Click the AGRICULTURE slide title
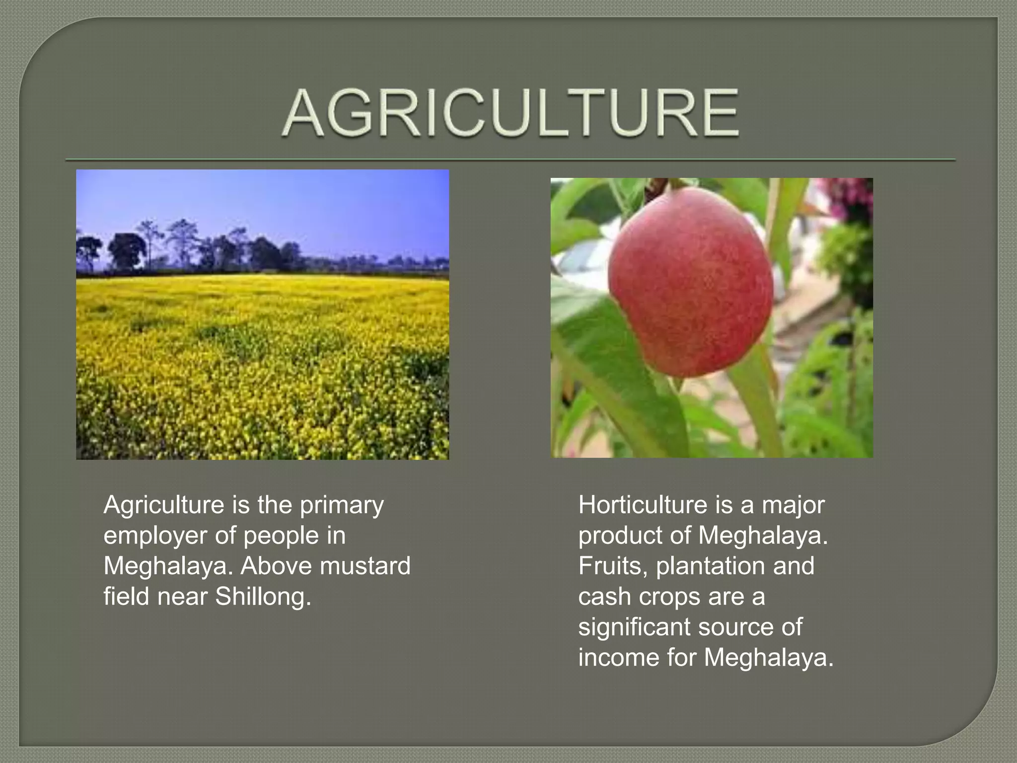(x=510, y=113)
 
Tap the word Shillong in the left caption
(x=263, y=596)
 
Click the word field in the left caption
(x=126, y=596)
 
